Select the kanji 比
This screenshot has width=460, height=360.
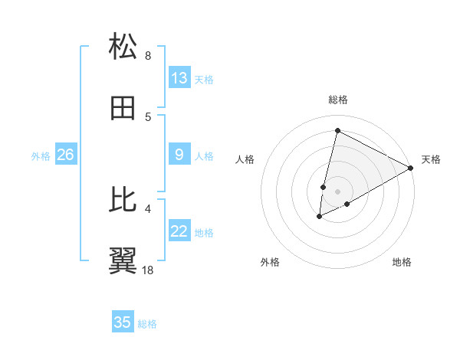[123, 199]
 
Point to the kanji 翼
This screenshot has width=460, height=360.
[123, 260]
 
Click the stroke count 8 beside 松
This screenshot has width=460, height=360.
[148, 55]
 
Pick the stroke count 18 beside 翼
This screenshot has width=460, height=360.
[148, 270]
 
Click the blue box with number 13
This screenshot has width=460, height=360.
[179, 78]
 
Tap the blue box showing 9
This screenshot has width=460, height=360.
[179, 155]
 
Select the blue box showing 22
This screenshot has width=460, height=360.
[179, 231]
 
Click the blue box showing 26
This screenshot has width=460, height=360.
[65, 155]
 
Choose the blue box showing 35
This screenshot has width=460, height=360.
[123, 322]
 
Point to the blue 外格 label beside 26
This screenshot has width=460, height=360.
[41, 156]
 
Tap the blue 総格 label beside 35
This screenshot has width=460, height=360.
[147, 324]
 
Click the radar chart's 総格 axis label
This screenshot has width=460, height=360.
[338, 100]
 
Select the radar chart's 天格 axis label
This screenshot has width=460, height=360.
[431, 159]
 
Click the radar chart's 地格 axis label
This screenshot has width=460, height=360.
[402, 262]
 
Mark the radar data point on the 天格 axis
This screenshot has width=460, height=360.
[411, 167]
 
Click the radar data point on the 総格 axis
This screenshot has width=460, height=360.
[337, 131]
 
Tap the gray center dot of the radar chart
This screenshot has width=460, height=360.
[337, 191]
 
